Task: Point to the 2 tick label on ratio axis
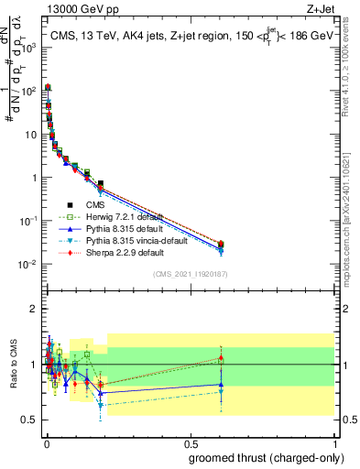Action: pos(33,309)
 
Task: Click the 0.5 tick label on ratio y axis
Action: pos(29,420)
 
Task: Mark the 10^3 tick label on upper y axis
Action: pos(27,47)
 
